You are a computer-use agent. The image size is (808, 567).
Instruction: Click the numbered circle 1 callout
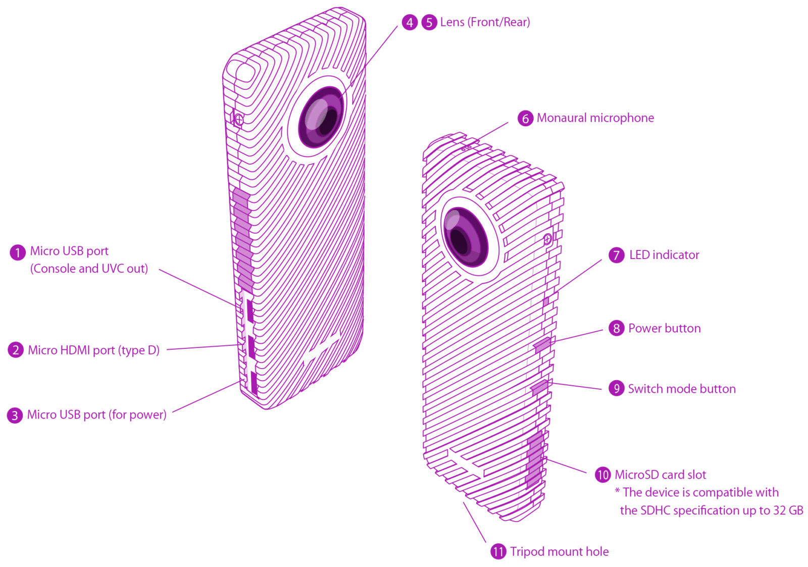point(18,252)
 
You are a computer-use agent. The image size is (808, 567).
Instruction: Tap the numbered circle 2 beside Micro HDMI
point(16,350)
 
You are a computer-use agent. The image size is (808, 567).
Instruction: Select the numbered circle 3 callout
point(15,416)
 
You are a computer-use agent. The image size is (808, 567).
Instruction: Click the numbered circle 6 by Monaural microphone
point(525,118)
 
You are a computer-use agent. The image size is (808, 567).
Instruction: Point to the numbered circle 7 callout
point(616,255)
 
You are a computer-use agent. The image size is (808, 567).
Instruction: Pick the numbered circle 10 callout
point(602,475)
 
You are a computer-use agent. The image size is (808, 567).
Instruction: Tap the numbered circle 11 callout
point(498,551)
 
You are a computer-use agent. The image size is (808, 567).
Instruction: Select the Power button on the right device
point(542,345)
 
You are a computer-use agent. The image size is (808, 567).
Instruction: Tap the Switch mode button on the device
point(539,388)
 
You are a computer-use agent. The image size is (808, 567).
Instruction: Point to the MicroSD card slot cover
point(535,459)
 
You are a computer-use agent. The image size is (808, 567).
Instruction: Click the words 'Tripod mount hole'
point(559,551)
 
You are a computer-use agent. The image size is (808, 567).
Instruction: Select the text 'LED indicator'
point(664,255)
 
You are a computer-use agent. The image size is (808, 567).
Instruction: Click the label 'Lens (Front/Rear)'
point(485,22)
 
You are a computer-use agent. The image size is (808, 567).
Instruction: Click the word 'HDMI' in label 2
point(75,350)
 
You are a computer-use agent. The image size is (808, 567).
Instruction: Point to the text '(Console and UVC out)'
point(89,269)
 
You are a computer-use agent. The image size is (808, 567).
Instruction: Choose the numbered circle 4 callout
point(410,22)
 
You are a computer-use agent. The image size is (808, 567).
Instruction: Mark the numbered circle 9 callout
point(616,388)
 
